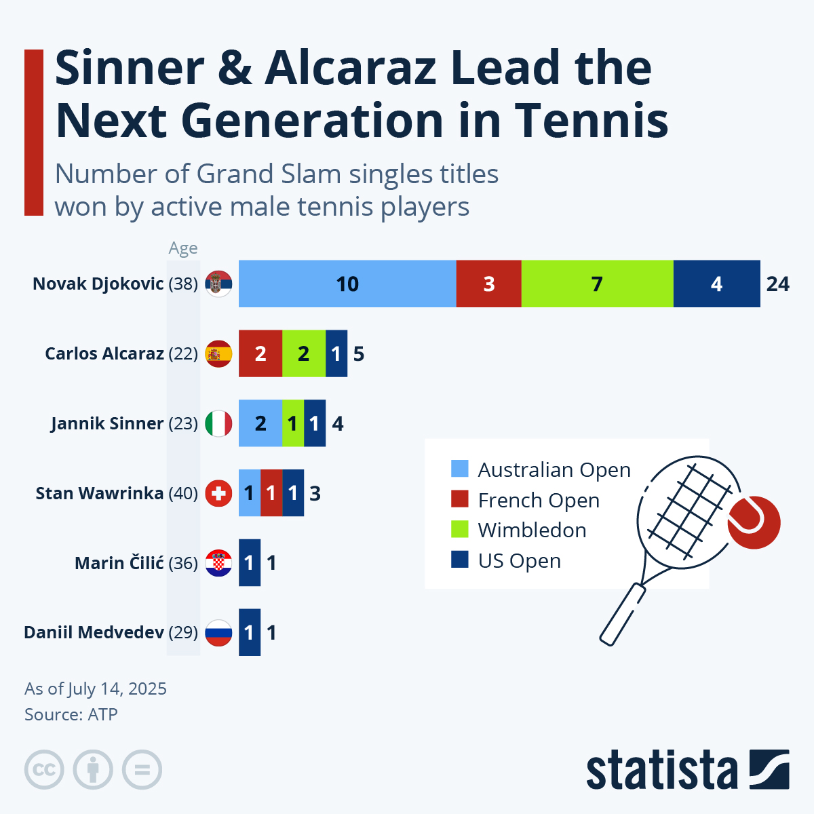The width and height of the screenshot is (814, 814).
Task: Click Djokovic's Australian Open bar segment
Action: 347,284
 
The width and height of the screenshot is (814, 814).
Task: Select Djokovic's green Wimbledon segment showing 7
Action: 597,284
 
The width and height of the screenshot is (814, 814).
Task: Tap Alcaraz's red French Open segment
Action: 260,353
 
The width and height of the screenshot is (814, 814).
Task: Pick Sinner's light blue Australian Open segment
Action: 260,423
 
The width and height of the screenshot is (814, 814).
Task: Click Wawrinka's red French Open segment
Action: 271,493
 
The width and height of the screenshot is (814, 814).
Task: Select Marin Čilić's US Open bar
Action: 250,563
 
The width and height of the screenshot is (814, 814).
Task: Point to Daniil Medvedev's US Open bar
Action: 250,633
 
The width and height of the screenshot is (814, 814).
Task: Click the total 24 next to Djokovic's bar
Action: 777,284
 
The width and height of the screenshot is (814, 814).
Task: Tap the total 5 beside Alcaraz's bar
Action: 359,353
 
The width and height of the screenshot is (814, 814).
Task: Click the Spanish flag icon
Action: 218,353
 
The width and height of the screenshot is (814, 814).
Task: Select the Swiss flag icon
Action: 218,493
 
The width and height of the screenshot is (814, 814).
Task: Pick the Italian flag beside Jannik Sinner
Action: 218,423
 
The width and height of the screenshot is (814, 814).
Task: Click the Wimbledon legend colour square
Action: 460,529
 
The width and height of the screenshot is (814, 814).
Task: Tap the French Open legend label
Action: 539,501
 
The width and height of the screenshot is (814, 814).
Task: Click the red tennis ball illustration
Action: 754,522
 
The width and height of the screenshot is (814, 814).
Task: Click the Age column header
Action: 183,248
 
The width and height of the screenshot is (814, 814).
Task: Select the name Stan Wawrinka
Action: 99,493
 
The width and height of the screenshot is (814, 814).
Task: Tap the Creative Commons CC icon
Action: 44,770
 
